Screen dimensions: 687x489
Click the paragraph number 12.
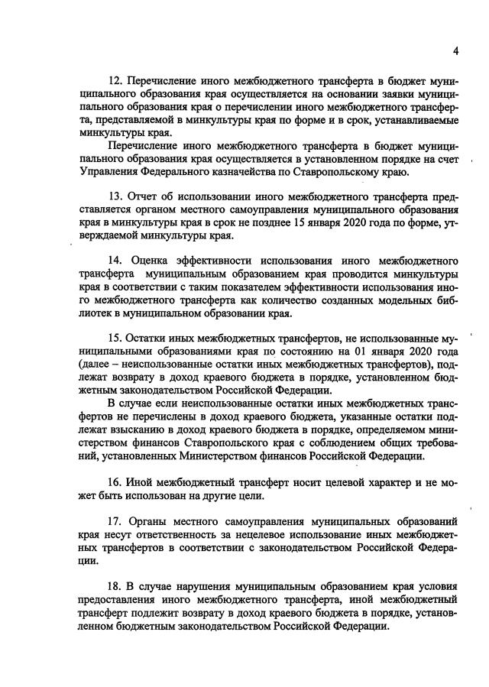click(x=116, y=80)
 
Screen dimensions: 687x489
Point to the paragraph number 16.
click(x=116, y=483)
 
